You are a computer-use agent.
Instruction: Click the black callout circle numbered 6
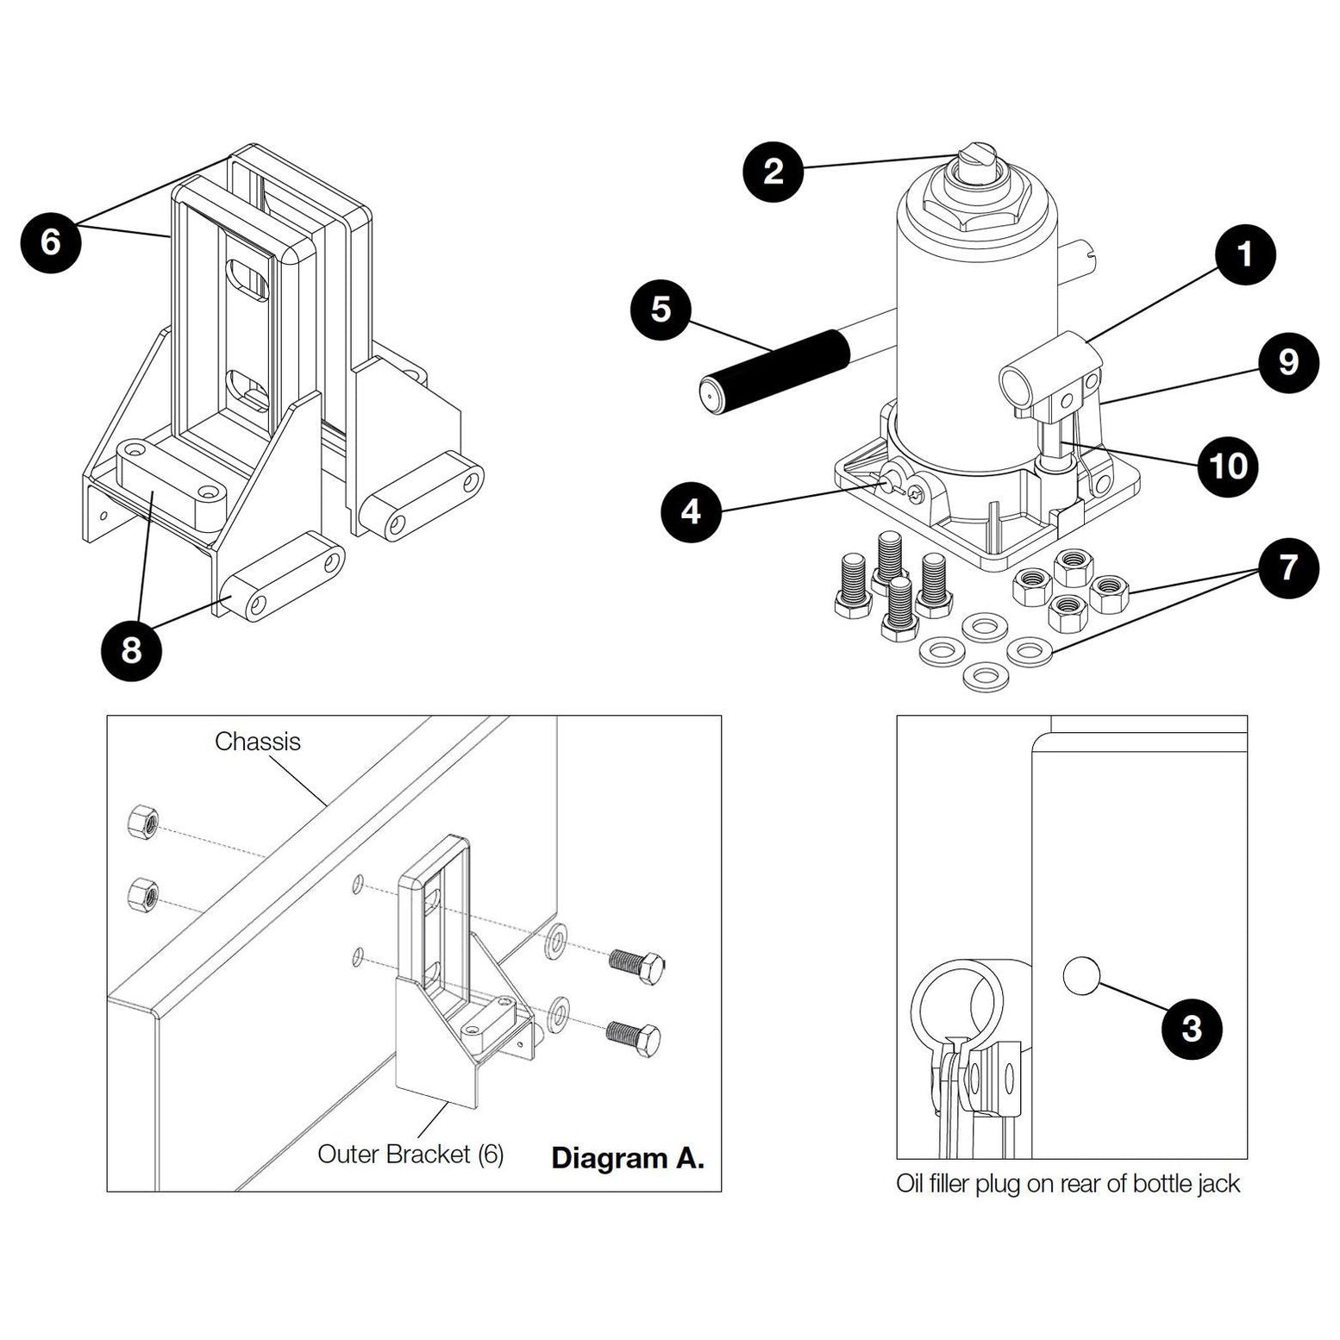click(x=51, y=242)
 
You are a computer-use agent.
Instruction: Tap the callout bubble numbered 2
click(x=773, y=172)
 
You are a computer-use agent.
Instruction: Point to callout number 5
click(x=661, y=309)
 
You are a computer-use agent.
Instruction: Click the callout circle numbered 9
click(x=1287, y=362)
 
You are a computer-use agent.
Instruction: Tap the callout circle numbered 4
click(x=691, y=513)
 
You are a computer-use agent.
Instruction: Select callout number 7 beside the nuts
click(x=1287, y=569)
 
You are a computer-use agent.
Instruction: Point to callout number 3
click(x=1191, y=1028)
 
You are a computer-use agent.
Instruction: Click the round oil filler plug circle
click(x=1081, y=976)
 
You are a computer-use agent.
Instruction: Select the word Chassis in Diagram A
click(x=257, y=742)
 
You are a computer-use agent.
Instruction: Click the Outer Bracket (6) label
click(x=410, y=1154)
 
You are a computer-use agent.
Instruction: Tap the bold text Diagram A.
click(x=627, y=1157)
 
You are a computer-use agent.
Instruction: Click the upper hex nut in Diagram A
click(x=141, y=823)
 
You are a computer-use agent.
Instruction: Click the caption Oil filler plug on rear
click(x=1068, y=1183)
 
